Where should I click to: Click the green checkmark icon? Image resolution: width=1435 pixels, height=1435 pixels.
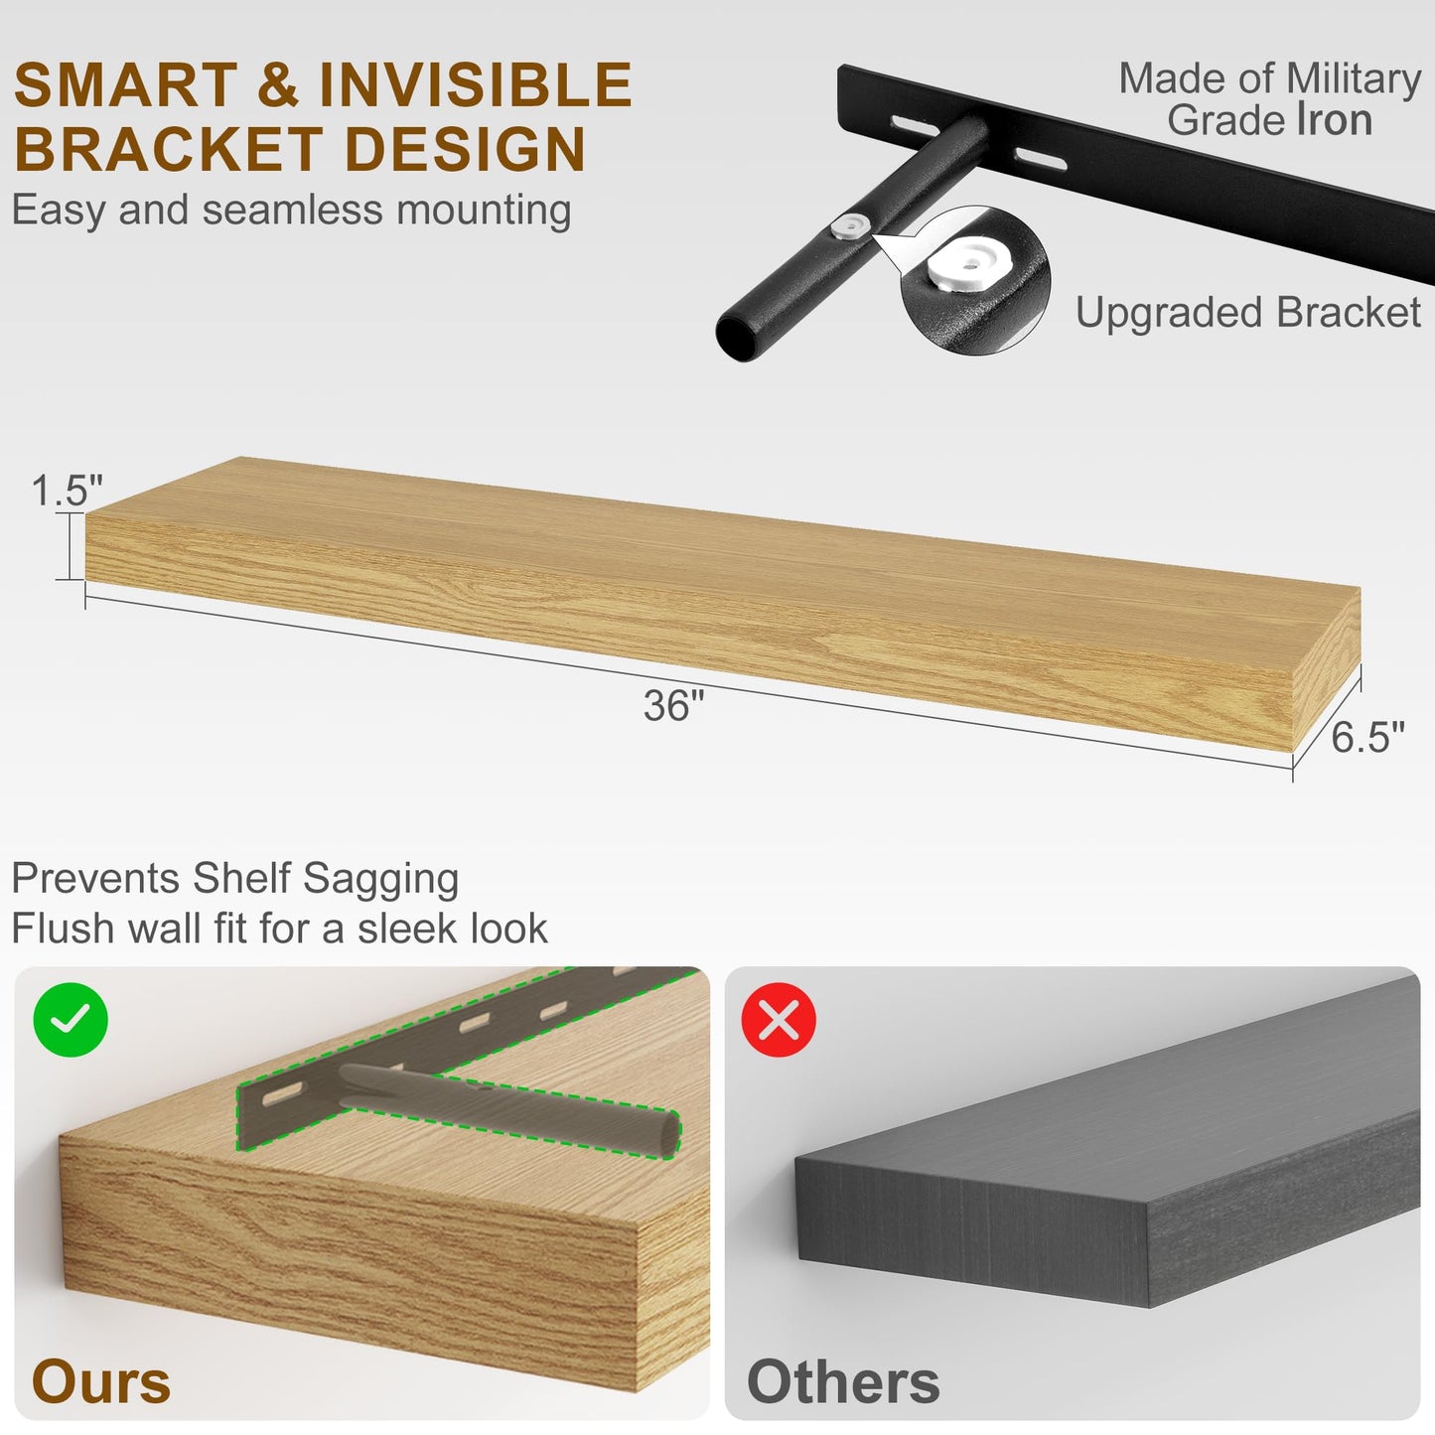pos(71,1020)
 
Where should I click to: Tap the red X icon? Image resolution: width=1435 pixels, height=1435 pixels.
pos(779,1020)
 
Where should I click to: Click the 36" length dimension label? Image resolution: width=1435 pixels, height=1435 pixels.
pos(674,705)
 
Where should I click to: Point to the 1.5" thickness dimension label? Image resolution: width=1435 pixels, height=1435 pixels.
pos(67,490)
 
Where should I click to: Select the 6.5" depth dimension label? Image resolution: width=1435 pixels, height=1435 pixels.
pos(1367,737)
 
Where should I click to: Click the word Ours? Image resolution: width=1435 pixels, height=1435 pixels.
pos(101,1381)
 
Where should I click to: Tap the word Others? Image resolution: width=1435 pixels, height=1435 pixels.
pos(843,1381)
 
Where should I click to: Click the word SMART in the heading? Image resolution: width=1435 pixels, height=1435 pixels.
pos(126,84)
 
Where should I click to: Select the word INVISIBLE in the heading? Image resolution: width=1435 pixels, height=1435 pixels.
pos(476,84)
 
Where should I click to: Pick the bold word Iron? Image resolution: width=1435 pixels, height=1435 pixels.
pos(1336,120)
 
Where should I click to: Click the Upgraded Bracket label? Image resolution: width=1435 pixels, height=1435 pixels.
pos(1248,311)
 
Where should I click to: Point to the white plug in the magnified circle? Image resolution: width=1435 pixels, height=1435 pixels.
pos(970,266)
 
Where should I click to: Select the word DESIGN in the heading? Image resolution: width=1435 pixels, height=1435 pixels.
pos(466,149)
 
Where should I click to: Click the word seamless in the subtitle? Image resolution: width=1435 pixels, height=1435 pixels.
pos(294,210)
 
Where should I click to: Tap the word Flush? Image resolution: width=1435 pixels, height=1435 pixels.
pos(63,928)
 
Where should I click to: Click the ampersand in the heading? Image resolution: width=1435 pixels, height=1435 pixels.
pos(278,84)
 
